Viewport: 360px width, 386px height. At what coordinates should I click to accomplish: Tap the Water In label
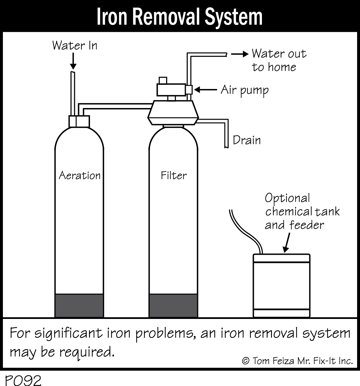[x=75, y=45]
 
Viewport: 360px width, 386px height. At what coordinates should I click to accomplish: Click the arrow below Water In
[x=74, y=61]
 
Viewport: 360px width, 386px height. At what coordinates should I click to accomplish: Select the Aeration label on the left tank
[x=80, y=175]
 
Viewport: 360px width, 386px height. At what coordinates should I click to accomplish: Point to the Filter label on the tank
[x=174, y=175]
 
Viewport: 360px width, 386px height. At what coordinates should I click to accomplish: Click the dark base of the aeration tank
[x=79, y=305]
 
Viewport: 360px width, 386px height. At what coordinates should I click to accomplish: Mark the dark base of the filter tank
[x=173, y=305]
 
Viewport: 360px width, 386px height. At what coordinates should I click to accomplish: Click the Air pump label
[x=245, y=90]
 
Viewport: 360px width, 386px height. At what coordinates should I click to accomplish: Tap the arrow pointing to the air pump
[x=205, y=90]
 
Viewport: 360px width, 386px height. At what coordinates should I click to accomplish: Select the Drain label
[x=247, y=140]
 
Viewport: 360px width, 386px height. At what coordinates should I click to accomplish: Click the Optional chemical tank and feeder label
[x=302, y=212]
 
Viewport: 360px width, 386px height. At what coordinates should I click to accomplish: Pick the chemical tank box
[x=281, y=286]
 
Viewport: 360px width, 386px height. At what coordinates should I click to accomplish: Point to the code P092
[x=23, y=380]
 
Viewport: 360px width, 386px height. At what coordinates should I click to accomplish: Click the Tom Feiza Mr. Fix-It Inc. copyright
[x=297, y=361]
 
